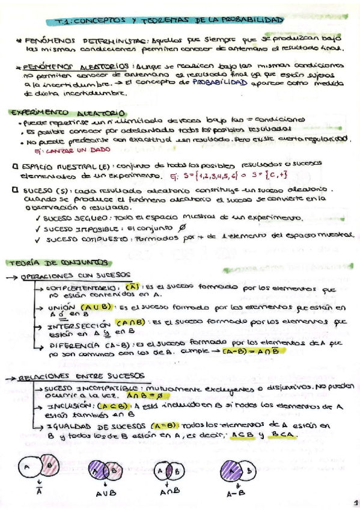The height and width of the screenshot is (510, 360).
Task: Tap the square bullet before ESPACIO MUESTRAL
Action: coord(14,166)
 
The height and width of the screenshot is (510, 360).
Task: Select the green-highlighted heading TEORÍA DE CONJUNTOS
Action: coord(58,262)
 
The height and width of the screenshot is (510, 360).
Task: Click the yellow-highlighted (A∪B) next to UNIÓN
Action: coord(94,307)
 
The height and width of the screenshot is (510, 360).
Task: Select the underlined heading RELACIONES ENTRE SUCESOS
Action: coord(67,377)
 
